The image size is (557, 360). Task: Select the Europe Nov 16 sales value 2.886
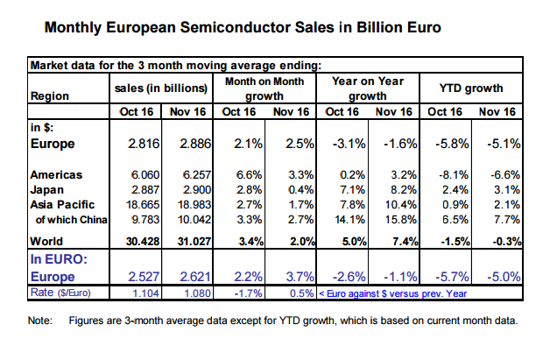point(195,144)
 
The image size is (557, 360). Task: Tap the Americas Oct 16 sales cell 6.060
point(145,175)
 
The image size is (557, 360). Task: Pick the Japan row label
point(47,190)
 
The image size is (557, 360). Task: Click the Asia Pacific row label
point(62,205)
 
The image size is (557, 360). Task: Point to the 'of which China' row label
point(72,220)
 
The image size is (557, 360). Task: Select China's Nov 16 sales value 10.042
point(194,220)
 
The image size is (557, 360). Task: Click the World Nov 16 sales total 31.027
point(194,241)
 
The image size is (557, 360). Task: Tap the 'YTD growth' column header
point(471,88)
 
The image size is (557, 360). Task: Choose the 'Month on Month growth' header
point(264,88)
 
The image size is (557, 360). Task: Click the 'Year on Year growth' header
point(368,88)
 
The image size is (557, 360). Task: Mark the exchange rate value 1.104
point(146,293)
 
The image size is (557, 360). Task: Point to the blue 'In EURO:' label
point(59,259)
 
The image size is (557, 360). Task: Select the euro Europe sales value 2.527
point(144,277)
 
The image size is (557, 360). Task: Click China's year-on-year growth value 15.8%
point(401,220)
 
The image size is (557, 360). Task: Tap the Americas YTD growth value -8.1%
point(454,175)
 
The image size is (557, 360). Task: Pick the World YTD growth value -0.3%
point(506,241)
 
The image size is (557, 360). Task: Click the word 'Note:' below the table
point(39,321)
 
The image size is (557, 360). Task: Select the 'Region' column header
point(50,96)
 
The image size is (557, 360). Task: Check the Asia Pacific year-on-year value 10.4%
point(401,205)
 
